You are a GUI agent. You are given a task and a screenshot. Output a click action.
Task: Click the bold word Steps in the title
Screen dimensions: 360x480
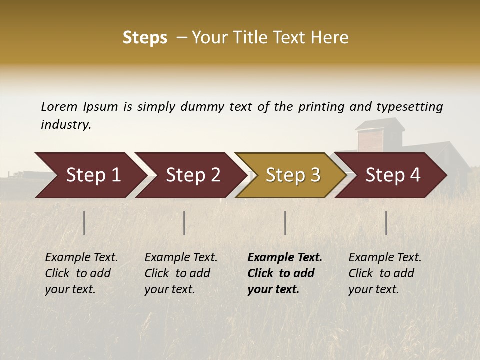(145, 38)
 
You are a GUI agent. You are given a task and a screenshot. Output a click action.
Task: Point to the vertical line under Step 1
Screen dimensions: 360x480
(84, 223)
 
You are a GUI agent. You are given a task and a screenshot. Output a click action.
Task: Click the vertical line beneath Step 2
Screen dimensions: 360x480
(184, 223)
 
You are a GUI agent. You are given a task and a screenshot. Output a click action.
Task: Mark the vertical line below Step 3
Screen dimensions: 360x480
(285, 223)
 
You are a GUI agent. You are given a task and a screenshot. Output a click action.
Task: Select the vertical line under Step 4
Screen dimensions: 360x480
(386, 223)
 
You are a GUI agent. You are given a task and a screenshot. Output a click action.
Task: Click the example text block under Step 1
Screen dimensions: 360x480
(81, 273)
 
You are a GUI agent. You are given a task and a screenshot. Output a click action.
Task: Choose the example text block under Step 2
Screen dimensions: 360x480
(180, 273)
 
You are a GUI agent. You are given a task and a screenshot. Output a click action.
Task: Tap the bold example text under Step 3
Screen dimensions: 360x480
(284, 273)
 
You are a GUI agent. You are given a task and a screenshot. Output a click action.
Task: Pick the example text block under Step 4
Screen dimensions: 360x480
(384, 273)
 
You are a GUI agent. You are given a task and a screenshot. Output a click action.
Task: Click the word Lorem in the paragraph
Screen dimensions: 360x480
(59, 106)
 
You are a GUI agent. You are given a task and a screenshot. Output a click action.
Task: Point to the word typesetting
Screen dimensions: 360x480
(409, 107)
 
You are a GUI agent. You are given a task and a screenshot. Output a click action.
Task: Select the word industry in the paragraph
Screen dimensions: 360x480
(66, 125)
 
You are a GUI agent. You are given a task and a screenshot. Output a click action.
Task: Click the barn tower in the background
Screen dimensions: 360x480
(380, 135)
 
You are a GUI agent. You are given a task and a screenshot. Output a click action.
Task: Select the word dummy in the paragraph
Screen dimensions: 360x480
(203, 107)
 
